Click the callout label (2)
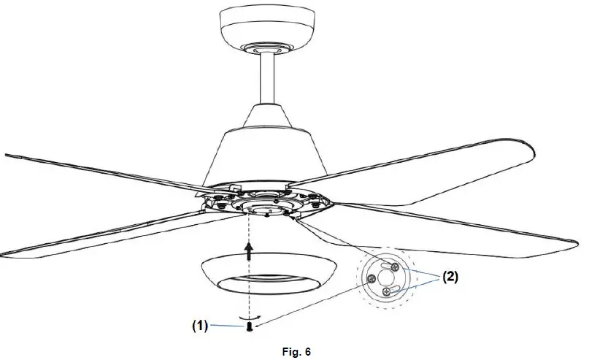tap(450, 277)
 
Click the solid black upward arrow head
tap(250, 251)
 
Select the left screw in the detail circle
tap(372, 279)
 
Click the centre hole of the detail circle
tap(385, 279)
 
